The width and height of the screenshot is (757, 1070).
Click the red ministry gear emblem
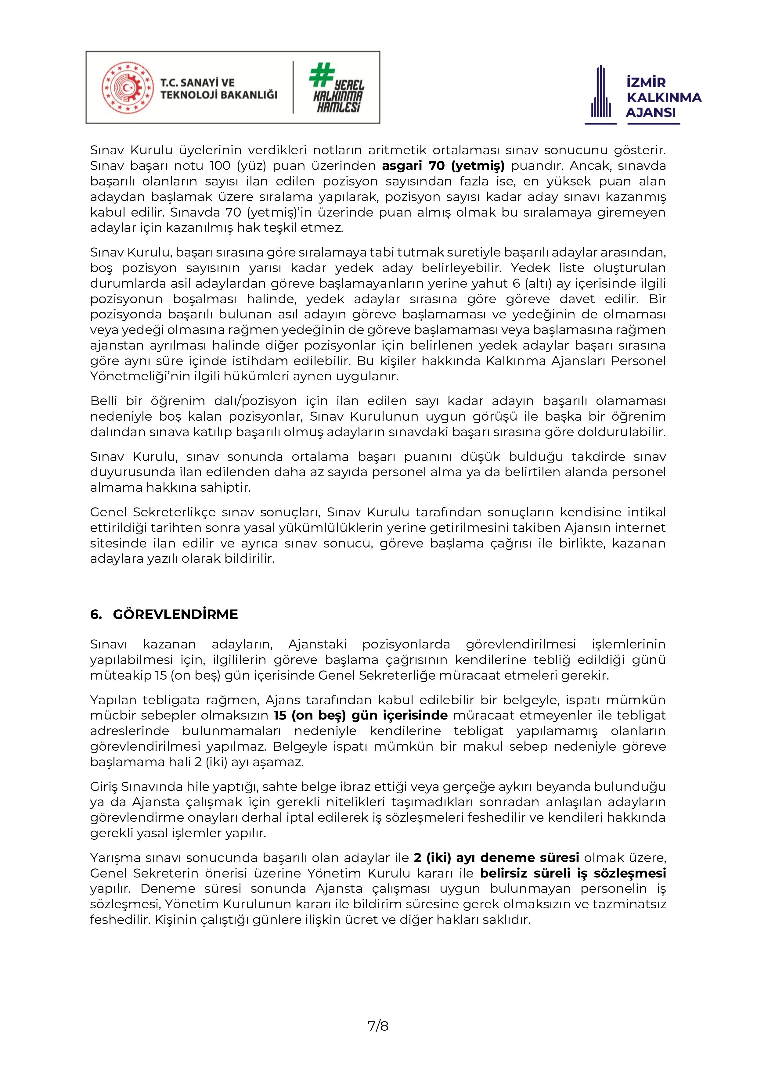coord(127,88)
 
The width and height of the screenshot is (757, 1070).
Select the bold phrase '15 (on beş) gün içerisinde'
coord(360,715)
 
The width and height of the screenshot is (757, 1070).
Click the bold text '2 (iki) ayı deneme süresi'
coord(496,857)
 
